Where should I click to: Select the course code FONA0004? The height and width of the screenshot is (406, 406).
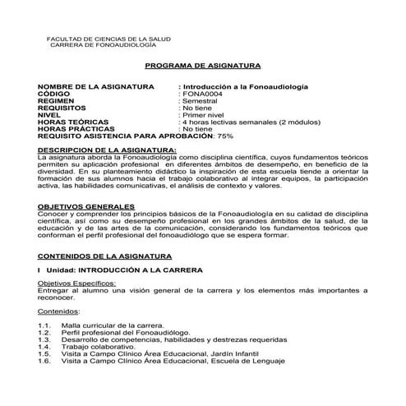coord(201,95)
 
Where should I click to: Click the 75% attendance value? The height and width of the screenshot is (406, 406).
coord(224,136)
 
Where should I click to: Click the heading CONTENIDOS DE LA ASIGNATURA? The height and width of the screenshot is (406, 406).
coord(105,256)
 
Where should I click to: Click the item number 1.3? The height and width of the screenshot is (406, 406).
coord(44,339)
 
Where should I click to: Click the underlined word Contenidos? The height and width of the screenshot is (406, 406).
coord(58,312)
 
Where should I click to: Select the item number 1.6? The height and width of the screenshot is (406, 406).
coord(44,361)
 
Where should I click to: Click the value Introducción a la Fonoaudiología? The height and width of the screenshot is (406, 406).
coord(246,86)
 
